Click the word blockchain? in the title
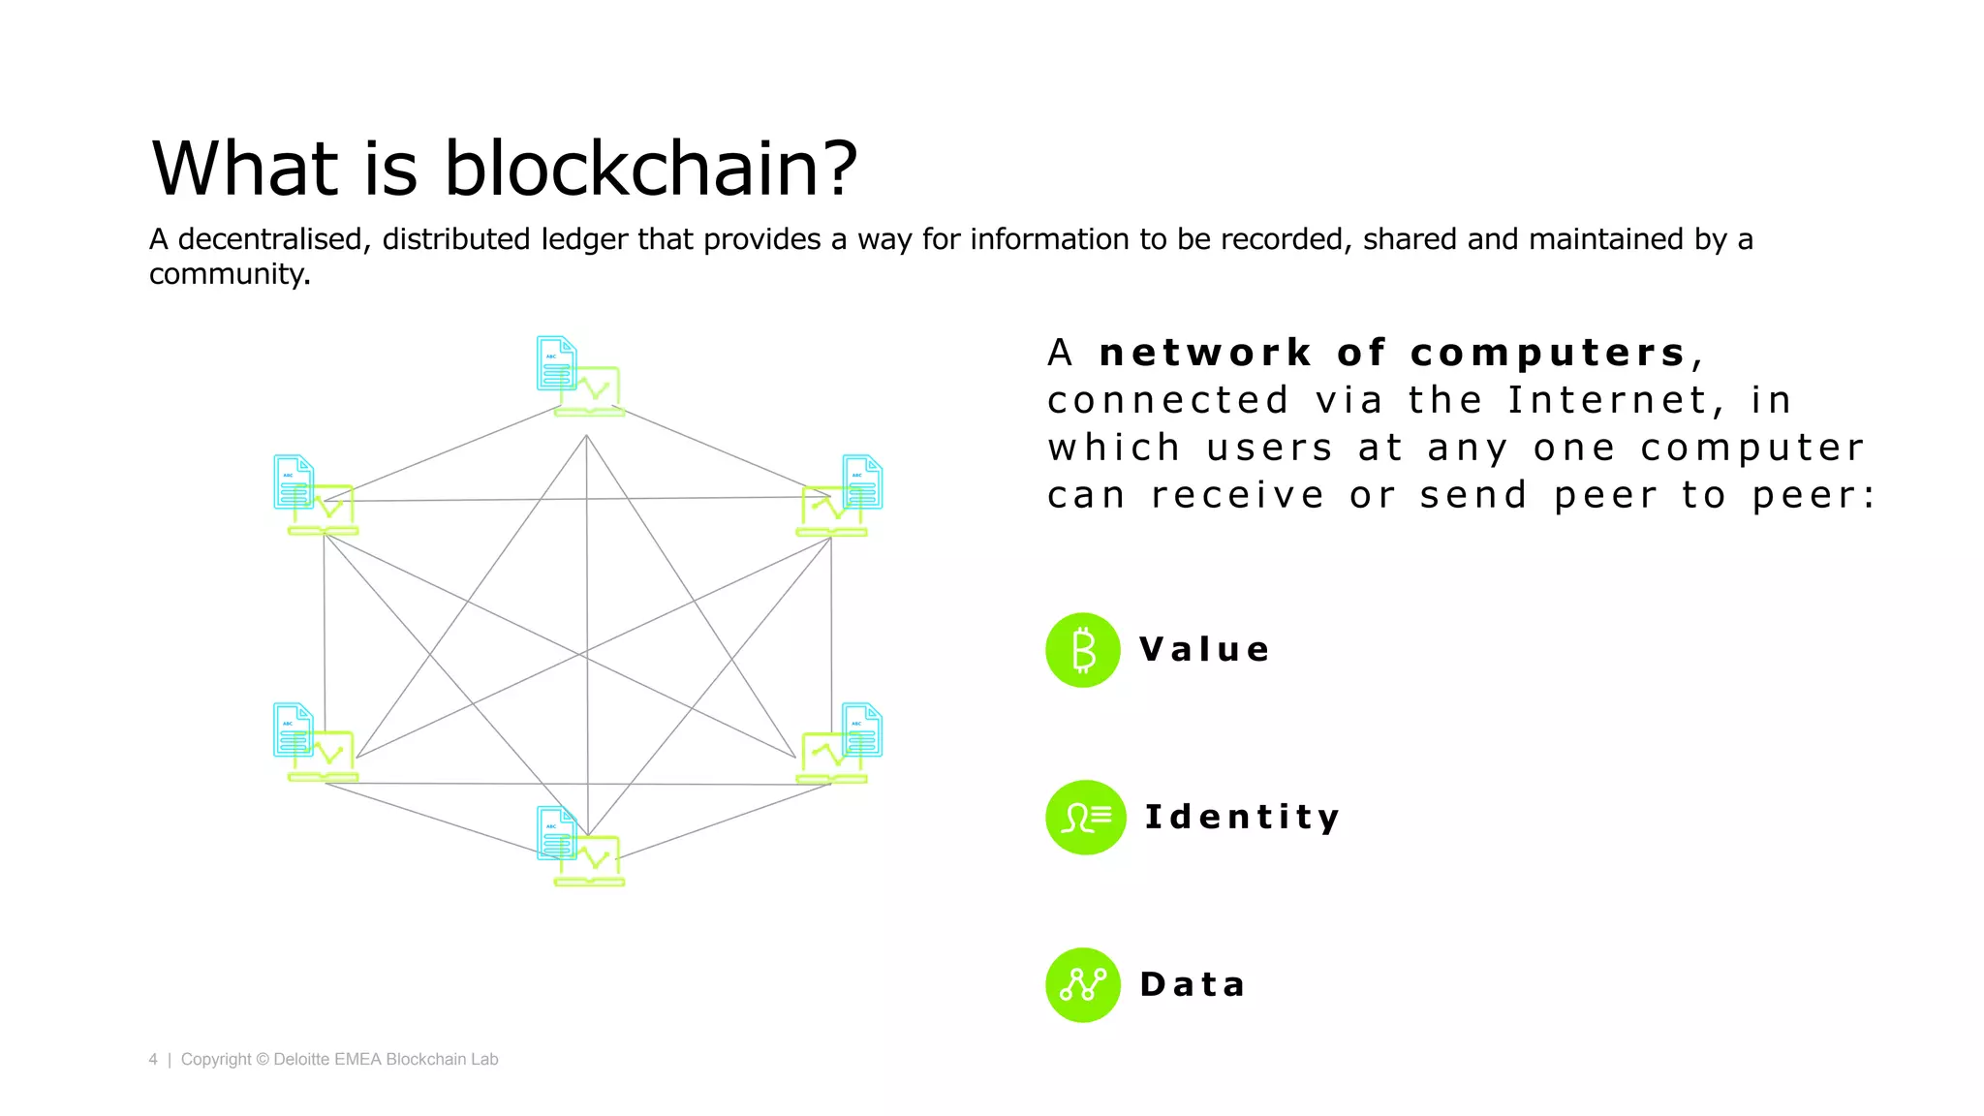[x=650, y=169]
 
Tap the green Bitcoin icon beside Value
[x=1083, y=650]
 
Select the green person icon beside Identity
[x=1085, y=818]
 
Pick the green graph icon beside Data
[x=1083, y=985]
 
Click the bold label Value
[x=1204, y=649]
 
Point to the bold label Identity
[x=1242, y=817]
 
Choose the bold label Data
[x=1193, y=984]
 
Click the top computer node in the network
[x=580, y=377]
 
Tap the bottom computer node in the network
[x=580, y=847]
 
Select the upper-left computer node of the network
[x=316, y=496]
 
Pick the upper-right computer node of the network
[x=840, y=496]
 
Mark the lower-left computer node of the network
[x=316, y=743]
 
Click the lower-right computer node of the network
[x=840, y=743]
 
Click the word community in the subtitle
[x=229, y=274]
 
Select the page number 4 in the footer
[x=153, y=1060]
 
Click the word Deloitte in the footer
[x=301, y=1060]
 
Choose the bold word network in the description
[x=1206, y=353]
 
